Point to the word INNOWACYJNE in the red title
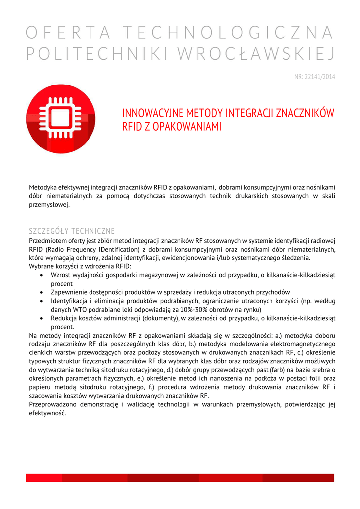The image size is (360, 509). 151,113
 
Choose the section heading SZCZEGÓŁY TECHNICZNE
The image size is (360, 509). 72,231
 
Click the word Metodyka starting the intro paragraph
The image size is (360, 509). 43,187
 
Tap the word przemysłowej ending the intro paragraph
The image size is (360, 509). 49,205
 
